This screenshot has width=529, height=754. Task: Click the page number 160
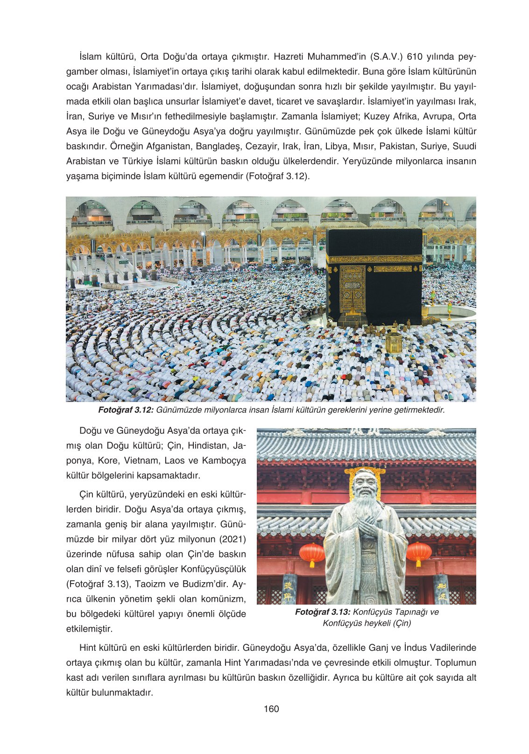[271, 709]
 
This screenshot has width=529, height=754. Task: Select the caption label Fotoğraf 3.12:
[126, 410]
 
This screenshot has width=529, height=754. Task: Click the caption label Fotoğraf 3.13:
[323, 612]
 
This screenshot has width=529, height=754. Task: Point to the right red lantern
[419, 554]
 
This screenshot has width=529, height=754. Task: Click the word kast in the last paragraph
[75, 678]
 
